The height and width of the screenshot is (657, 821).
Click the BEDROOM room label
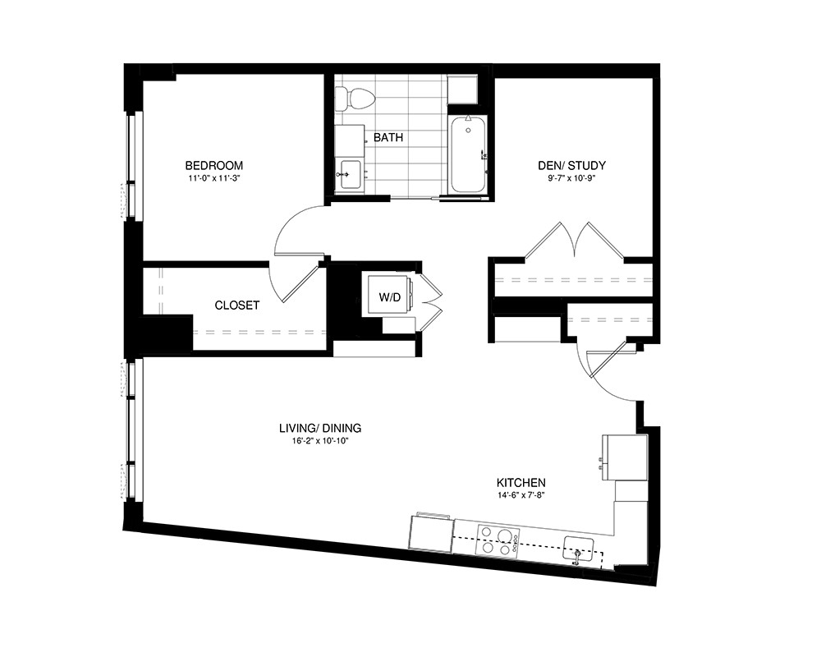click(213, 166)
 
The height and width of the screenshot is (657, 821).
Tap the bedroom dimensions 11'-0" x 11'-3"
click(213, 178)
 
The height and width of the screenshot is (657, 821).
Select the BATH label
click(388, 138)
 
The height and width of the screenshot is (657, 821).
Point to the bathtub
click(468, 154)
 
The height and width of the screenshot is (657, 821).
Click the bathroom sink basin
click(349, 175)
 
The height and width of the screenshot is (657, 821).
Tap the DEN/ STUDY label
click(571, 166)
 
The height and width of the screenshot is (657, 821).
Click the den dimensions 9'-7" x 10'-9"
click(571, 178)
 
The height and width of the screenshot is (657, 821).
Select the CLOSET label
click(237, 305)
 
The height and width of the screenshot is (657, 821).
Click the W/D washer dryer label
click(389, 297)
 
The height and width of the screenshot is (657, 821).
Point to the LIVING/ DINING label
click(320, 428)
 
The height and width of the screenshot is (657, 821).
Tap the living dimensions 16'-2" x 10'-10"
click(320, 441)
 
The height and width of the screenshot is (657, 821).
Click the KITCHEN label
click(521, 483)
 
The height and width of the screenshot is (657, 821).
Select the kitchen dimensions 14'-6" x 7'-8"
click(521, 495)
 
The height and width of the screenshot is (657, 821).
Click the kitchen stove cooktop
click(498, 540)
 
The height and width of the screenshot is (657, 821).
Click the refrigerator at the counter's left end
click(431, 533)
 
